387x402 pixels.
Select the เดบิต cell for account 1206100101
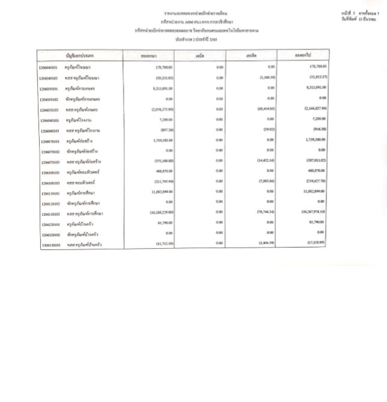pyautogui.click(x=220, y=172)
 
